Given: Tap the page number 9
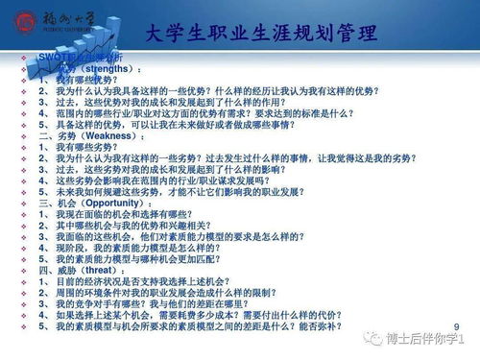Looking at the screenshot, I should (455, 324).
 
